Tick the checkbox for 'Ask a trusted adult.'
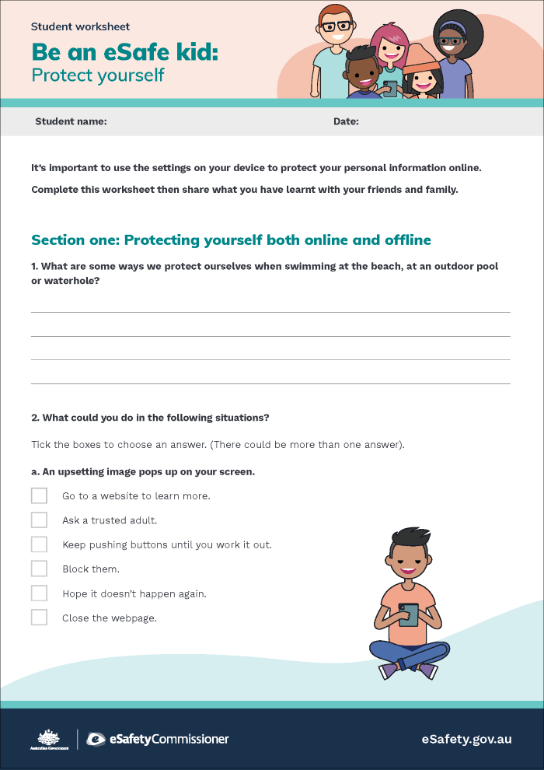click(x=39, y=520)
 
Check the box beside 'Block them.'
click(x=39, y=569)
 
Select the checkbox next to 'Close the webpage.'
click(x=39, y=618)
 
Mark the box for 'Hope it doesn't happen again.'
click(x=39, y=593)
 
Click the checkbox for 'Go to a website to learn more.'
click(x=39, y=495)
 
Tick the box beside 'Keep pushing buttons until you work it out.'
click(x=39, y=544)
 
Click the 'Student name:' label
click(x=71, y=121)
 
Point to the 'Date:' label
click(x=346, y=121)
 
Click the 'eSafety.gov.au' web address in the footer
click(x=466, y=739)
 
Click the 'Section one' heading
click(x=231, y=240)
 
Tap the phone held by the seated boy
click(x=408, y=614)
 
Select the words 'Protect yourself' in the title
click(x=98, y=75)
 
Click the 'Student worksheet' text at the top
click(x=81, y=26)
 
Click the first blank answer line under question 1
click(x=270, y=311)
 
